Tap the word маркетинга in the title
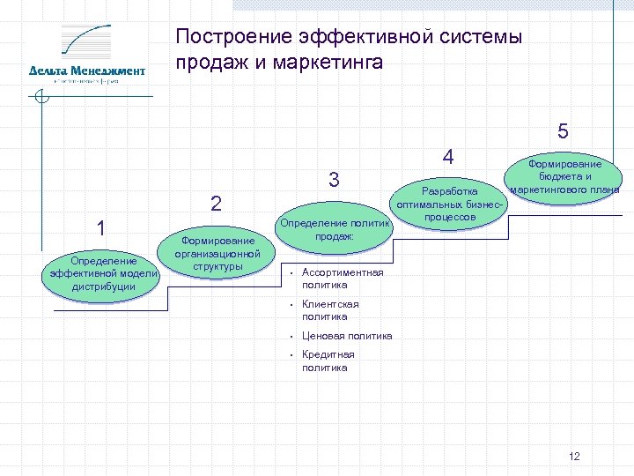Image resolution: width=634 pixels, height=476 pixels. [x=328, y=63]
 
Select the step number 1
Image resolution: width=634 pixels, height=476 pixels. [x=102, y=228]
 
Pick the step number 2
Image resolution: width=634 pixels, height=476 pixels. [x=216, y=203]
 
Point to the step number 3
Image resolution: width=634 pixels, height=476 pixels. [x=334, y=180]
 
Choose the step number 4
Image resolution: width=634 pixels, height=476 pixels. [x=448, y=157]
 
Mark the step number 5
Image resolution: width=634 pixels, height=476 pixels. [x=564, y=132]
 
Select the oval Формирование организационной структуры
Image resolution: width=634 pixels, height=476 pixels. [x=217, y=254]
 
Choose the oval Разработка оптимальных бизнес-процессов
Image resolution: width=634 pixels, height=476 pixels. [x=450, y=204]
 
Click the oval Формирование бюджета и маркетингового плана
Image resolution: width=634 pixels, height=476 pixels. [x=564, y=176]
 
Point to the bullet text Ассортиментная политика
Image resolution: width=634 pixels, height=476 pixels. [x=342, y=279]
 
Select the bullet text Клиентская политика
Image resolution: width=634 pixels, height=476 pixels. [x=330, y=310]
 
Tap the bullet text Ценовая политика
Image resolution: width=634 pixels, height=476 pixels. [x=347, y=336]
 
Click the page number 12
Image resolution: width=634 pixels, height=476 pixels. [x=575, y=456]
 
